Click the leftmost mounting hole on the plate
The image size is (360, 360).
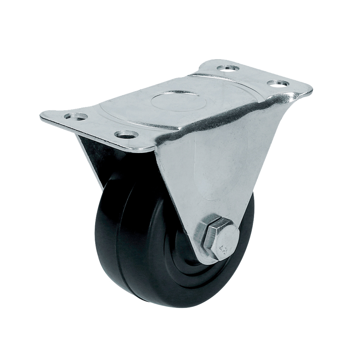click(x=76, y=117)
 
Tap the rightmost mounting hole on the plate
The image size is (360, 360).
click(x=278, y=84)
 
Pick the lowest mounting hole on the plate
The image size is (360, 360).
click(x=126, y=135)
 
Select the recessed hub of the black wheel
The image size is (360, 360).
click(x=187, y=252)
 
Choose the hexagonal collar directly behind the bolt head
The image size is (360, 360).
click(x=203, y=234)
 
